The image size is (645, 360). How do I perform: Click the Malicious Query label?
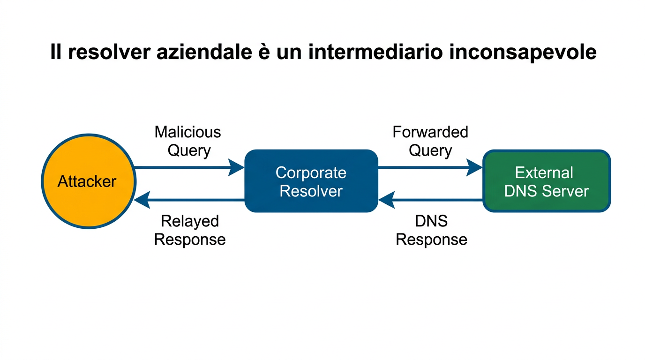188,141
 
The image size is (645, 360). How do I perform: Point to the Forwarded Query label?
430,141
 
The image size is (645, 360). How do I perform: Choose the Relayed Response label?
190,230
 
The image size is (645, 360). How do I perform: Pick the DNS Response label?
431,230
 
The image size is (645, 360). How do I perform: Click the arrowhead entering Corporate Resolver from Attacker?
237,167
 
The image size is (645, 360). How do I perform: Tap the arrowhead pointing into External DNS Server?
475,167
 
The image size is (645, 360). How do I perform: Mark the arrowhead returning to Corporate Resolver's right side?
386,200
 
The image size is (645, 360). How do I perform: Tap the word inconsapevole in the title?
522,52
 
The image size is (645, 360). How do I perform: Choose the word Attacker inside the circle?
87,181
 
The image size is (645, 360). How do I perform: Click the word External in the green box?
544,172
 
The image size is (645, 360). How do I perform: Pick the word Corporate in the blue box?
311,172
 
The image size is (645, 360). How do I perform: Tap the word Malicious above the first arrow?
187,132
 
